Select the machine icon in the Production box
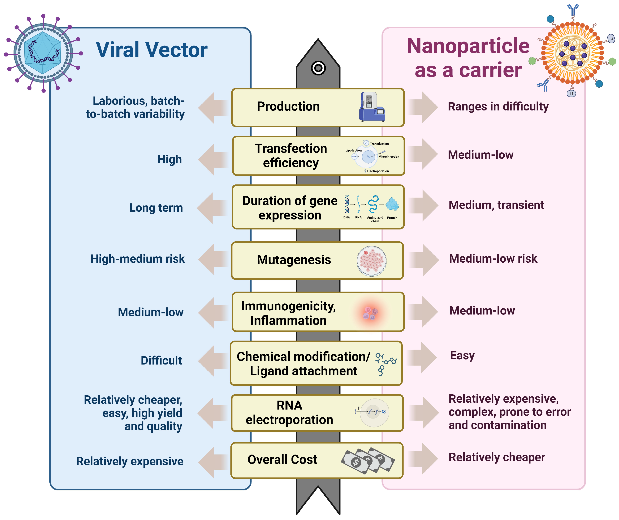click(x=371, y=107)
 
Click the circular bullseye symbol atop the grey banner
click(x=318, y=68)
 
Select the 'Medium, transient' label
click(x=496, y=205)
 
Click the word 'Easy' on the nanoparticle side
click(x=462, y=356)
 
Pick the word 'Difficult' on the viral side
click(x=161, y=361)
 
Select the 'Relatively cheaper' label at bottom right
click(x=497, y=457)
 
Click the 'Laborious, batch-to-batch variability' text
click(x=135, y=107)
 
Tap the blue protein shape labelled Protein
click(x=392, y=204)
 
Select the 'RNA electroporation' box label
click(x=289, y=412)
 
